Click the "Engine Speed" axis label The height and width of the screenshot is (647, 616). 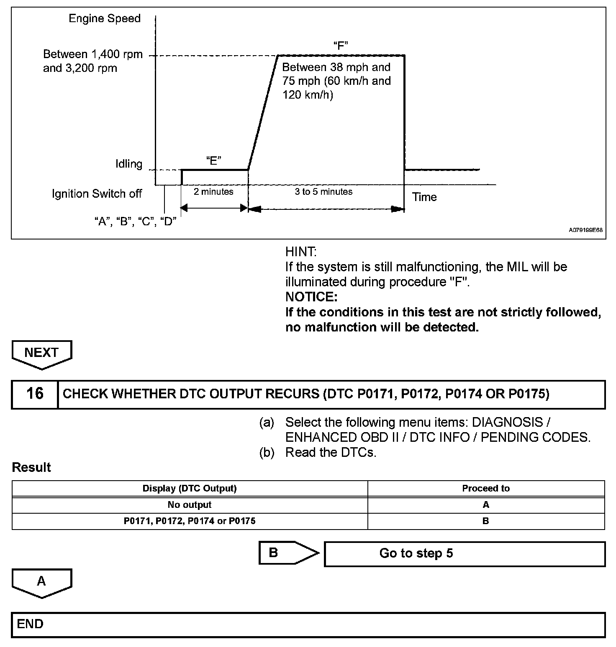[105, 18]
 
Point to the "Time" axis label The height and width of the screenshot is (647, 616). [424, 197]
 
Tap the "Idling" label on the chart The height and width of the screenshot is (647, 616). [129, 164]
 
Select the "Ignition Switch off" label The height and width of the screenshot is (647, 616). [97, 194]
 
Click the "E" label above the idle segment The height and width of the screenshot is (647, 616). [213, 161]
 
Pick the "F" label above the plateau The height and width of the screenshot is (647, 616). [341, 45]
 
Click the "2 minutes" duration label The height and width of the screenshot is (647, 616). [213, 191]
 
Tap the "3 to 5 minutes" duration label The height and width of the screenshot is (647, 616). [323, 191]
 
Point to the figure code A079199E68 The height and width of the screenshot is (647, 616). [585, 230]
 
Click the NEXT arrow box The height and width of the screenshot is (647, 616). [41, 353]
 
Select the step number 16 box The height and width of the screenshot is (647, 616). [35, 394]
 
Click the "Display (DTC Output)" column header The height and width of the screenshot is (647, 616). [190, 488]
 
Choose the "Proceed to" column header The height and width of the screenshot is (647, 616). [486, 488]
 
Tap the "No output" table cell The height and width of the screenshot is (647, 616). [190, 504]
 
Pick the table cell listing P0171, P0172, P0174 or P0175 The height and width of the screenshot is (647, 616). [190, 521]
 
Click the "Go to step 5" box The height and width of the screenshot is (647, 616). [465, 553]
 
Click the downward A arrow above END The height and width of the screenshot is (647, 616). [41, 582]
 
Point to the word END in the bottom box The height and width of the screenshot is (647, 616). [30, 624]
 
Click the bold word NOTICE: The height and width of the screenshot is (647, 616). [311, 297]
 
